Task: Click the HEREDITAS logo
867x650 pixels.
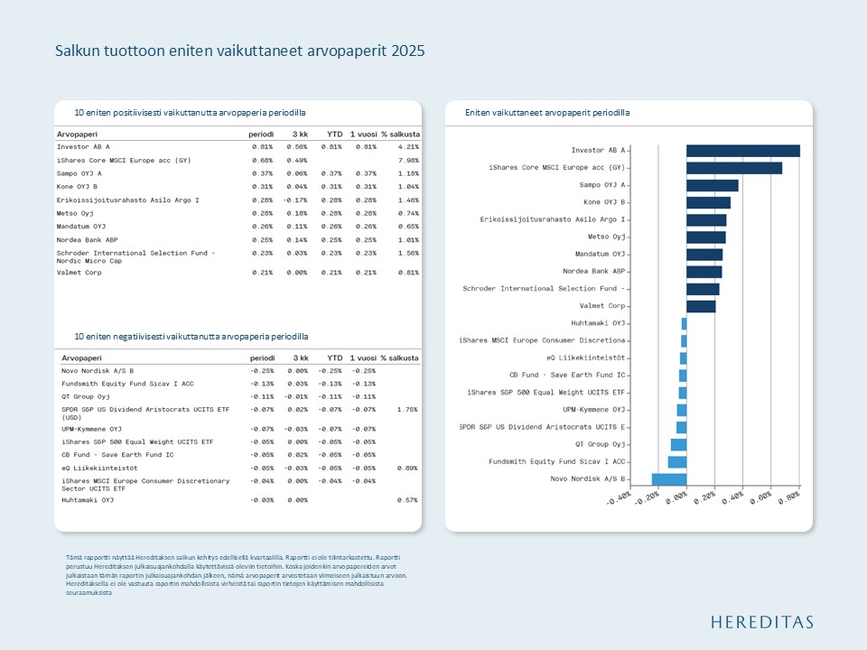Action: [x=761, y=622]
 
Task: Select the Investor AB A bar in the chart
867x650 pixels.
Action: [x=742, y=151]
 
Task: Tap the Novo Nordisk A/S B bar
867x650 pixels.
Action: [x=669, y=478]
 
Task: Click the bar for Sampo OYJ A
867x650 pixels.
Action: [x=712, y=185]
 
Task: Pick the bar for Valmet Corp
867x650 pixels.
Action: [x=701, y=306]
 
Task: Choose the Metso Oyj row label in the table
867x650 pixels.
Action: [x=77, y=213]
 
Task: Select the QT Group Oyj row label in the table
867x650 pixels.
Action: [x=85, y=395]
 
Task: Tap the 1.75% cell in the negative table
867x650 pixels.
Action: [x=407, y=409]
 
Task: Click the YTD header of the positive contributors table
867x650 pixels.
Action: [x=334, y=135]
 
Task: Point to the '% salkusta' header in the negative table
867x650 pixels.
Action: [x=399, y=358]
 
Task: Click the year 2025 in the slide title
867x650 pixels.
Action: [x=407, y=51]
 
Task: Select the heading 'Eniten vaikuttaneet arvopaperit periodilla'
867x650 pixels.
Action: [x=547, y=113]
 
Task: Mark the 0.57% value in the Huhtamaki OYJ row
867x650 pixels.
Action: [x=407, y=499]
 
